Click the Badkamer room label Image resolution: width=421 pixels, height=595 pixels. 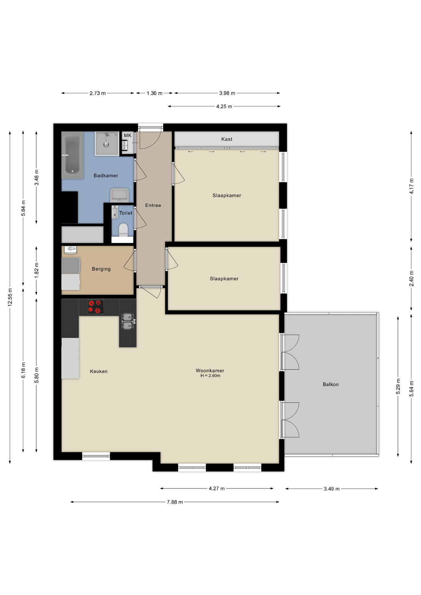106,176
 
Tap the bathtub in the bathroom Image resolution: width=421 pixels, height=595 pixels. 73,155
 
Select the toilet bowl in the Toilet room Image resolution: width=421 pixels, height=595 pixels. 123,230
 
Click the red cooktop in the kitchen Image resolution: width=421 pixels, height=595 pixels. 95,307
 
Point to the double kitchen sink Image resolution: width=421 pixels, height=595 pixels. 128,321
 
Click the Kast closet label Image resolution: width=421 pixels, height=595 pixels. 227,139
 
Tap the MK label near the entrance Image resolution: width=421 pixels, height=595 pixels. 128,135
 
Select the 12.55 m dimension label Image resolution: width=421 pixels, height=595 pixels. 10,297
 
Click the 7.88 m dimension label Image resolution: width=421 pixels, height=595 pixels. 175,502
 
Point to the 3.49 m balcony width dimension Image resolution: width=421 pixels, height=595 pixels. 332,489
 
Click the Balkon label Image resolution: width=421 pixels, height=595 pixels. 330,385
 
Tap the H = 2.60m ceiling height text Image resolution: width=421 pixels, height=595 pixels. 210,376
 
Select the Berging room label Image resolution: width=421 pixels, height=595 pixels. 101,269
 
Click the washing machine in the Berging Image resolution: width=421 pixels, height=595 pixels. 71,266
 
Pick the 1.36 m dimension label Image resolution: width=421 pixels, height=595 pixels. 154,93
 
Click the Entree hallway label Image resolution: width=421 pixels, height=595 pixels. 153,205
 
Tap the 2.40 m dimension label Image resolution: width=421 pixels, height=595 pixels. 411,279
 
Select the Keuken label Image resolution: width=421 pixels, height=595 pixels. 99,371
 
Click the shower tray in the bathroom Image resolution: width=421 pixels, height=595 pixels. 107,143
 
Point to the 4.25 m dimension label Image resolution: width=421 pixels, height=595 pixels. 224,107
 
